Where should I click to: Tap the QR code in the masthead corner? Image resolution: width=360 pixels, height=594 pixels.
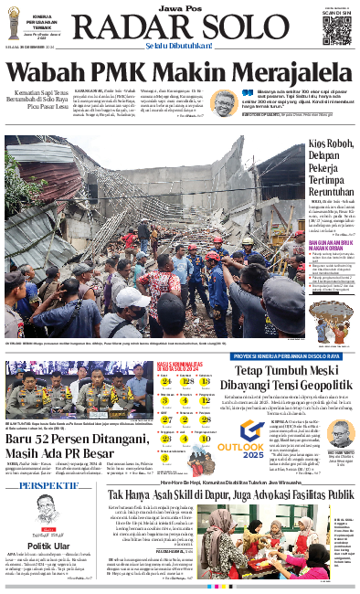pos(336,27)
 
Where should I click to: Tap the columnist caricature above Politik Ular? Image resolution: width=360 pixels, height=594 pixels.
pos(42,517)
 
